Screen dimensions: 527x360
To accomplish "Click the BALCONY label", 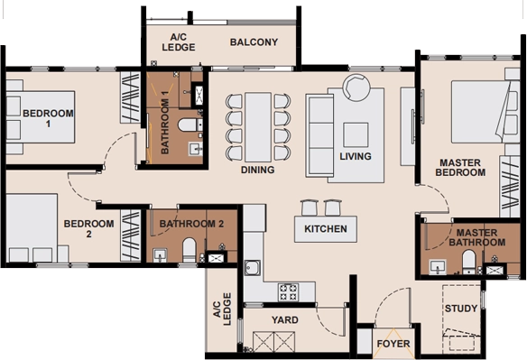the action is click(254, 42).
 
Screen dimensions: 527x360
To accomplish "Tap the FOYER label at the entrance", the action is click(393, 344).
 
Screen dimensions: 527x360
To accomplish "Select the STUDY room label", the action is click(461, 309).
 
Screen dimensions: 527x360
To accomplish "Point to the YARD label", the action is click(285, 319).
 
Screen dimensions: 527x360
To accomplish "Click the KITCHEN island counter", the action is click(326, 229).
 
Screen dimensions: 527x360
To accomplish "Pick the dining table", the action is click(258, 127).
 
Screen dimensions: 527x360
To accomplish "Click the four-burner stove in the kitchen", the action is click(289, 291).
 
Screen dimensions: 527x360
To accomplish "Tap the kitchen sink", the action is click(252, 268).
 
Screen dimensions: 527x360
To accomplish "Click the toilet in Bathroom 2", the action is click(190, 250).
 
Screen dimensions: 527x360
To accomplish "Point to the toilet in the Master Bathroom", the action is click(468, 262).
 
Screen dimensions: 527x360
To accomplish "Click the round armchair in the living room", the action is click(356, 88).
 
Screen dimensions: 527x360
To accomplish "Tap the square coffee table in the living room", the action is click(356, 134).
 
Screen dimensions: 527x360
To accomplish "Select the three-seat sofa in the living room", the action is click(319, 135).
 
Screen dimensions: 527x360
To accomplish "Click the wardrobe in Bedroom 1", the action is click(131, 97).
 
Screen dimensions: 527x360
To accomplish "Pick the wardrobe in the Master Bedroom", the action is click(510, 186).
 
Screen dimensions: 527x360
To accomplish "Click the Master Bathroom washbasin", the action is click(438, 267).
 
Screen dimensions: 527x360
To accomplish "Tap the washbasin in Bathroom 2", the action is click(160, 255).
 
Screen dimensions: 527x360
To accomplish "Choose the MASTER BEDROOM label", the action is click(460, 168).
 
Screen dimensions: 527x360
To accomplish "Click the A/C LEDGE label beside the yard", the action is click(223, 309).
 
